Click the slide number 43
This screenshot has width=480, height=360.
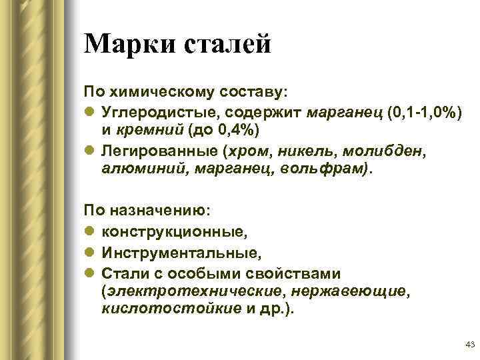[467, 344]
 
